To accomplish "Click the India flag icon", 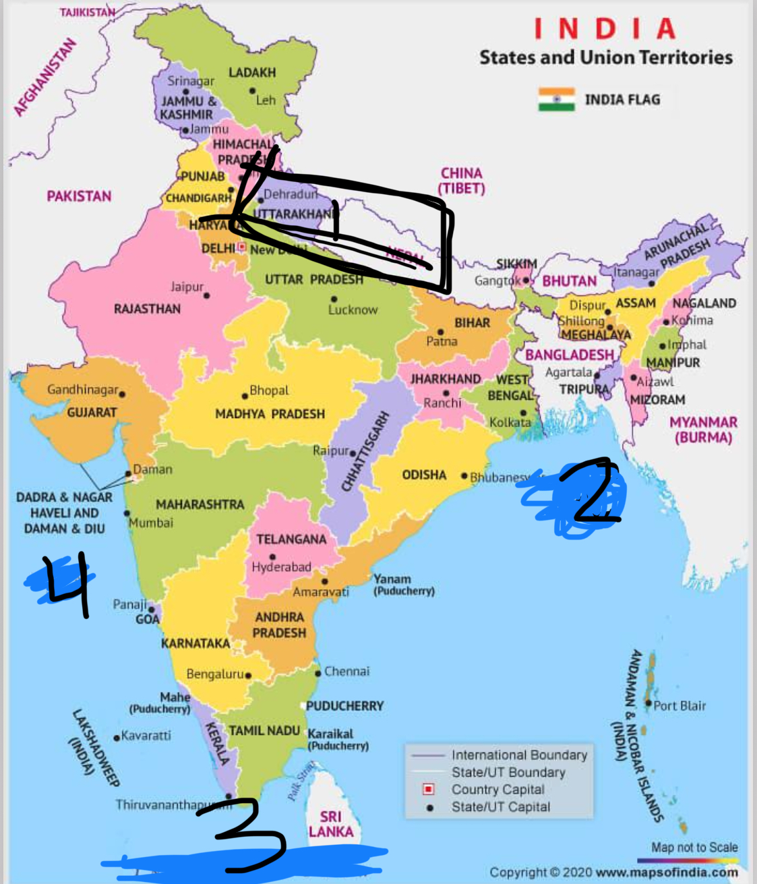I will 557,99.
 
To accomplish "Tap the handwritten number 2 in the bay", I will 592,491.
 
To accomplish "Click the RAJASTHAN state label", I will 147,309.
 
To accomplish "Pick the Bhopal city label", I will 269,390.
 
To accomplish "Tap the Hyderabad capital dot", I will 272,557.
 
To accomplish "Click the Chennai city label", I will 346,672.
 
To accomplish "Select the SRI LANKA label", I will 331,824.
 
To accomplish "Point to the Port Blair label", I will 679,706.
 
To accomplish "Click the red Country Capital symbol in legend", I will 428,789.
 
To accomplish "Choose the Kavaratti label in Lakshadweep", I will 146,736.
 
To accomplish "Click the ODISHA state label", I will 424,475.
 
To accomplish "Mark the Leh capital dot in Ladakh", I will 252,90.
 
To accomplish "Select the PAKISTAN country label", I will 79,196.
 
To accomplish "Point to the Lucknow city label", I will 353,310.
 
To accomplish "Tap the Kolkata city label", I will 510,423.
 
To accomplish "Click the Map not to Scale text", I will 694,848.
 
